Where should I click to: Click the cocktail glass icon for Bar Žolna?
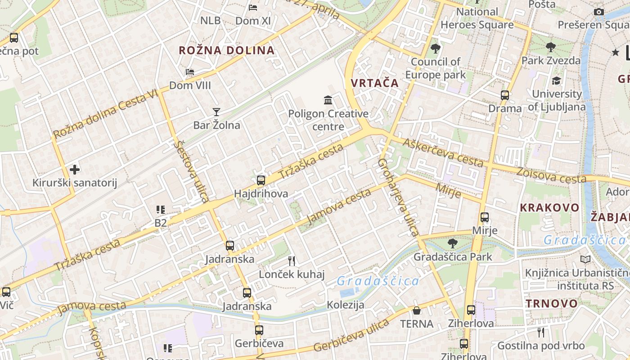[x=216, y=112]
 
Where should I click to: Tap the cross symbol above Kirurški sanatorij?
[x=75, y=170]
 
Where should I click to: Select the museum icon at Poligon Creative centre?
[x=328, y=100]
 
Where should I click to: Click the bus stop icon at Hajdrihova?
[x=261, y=180]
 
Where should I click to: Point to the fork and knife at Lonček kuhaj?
[x=292, y=261]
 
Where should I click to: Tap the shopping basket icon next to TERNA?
[x=417, y=310]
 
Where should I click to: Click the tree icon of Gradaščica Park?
[x=452, y=243]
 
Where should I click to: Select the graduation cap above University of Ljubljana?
[x=557, y=81]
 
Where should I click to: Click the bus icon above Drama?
[x=505, y=95]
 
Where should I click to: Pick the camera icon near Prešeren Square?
[x=598, y=12]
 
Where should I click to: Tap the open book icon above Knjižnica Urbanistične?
[x=585, y=259]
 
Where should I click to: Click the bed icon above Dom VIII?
[x=190, y=72]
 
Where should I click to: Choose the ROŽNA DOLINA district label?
[x=227, y=50]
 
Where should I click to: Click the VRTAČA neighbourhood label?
[x=375, y=83]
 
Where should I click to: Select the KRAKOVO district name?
[x=549, y=207]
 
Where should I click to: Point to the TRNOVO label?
[x=552, y=303]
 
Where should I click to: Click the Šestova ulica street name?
[x=192, y=171]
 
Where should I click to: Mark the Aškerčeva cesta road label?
[x=443, y=153]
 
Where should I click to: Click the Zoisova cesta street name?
[x=552, y=175]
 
